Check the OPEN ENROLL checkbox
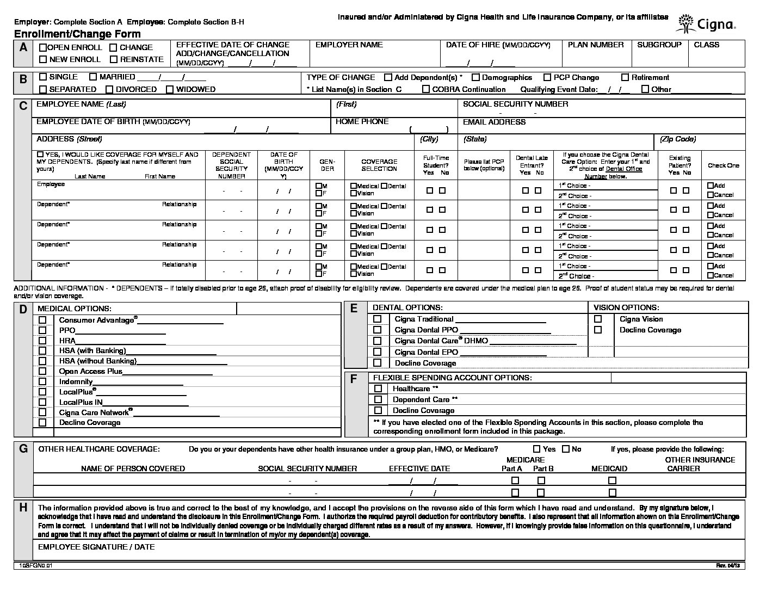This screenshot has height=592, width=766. click(43, 48)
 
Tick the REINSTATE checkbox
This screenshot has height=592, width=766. click(114, 59)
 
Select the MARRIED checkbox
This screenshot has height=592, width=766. click(93, 77)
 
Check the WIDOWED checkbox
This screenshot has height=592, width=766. click(170, 89)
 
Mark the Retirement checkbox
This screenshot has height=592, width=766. click(625, 78)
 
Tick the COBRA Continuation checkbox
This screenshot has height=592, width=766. click(426, 89)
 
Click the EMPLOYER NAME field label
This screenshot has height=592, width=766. click(349, 45)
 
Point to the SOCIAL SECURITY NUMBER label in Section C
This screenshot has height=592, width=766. click(515, 104)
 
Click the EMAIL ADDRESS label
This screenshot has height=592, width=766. click(494, 122)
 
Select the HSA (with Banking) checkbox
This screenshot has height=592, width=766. click(42, 351)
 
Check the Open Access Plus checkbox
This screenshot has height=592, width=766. click(42, 372)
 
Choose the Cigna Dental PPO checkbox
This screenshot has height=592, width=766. click(378, 330)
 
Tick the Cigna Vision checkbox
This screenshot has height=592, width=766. click(598, 319)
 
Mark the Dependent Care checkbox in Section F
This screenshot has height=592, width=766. click(378, 399)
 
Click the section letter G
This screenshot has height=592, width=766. click(23, 449)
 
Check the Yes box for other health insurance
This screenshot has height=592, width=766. click(537, 449)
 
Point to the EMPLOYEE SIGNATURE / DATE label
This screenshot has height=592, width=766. click(96, 547)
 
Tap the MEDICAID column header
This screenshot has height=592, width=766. click(609, 468)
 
